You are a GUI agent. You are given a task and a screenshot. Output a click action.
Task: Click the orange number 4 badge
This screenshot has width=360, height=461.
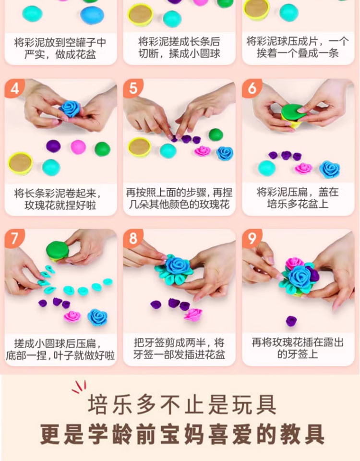click(14, 88)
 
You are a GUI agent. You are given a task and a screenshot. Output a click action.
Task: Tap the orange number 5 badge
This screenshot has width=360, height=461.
click(133, 88)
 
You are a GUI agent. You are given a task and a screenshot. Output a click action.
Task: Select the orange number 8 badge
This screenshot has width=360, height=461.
click(133, 238)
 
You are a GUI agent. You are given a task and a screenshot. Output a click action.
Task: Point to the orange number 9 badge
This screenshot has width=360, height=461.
click(252, 238)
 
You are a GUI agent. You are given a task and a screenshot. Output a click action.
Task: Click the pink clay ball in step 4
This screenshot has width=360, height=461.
click(78, 147)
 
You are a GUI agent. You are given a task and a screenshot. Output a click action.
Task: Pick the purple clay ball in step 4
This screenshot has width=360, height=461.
click(53, 146)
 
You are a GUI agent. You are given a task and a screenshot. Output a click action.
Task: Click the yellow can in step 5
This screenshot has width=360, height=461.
click(140, 147)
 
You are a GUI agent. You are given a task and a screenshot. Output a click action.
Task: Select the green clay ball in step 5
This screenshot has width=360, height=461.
click(216, 135)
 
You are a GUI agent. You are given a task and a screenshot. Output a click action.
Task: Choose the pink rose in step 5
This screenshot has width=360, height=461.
click(203, 151)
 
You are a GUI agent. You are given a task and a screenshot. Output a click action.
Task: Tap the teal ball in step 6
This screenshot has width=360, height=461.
click(267, 168)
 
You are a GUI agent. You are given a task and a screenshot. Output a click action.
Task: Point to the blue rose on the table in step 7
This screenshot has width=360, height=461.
click(97, 317)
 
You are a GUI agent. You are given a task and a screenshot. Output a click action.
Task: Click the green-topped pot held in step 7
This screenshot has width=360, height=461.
click(58, 251)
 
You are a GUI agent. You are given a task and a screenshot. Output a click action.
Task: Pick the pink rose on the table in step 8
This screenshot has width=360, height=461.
click(193, 315)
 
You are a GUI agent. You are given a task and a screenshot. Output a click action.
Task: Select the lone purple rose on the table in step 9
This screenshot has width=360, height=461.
click(291, 321)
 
